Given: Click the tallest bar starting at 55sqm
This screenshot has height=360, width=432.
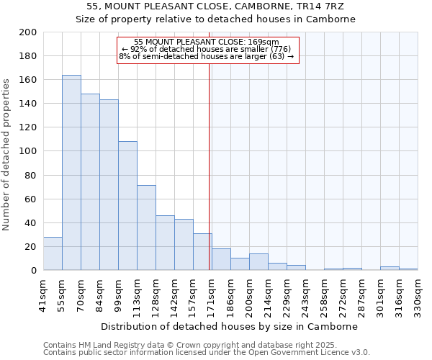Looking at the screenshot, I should pos(71,173).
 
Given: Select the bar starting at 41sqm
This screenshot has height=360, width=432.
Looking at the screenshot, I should pos(53,253).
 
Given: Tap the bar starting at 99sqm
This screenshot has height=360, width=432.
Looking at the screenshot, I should pos(127,206).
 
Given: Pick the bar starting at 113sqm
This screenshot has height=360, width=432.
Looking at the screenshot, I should pos(146,228).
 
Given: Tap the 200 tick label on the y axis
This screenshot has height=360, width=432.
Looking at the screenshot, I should pos(27,32).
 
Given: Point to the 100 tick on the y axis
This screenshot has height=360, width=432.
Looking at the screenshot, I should pos(27,151).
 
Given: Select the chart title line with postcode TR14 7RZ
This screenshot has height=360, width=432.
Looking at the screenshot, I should pos(216,6).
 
